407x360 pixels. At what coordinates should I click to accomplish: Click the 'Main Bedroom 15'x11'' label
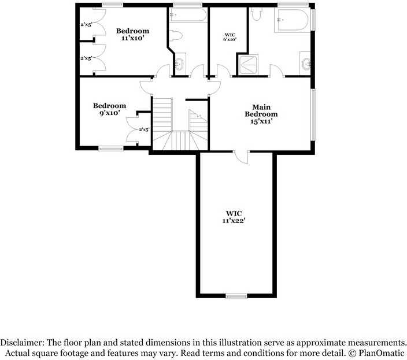point(261,114)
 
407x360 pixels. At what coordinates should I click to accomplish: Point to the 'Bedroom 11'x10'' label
point(132,34)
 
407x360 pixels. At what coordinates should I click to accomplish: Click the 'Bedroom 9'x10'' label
point(109,109)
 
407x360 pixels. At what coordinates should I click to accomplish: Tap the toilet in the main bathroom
point(258,15)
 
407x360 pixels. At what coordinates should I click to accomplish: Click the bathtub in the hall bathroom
point(188,15)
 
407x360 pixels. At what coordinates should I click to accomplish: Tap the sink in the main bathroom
point(305,62)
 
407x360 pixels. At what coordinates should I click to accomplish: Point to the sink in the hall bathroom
point(180,63)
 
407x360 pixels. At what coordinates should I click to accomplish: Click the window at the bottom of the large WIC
point(236,296)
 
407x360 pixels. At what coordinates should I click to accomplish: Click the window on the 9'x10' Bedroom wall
point(110,149)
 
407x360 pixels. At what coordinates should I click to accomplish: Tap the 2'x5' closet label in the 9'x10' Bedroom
point(144,129)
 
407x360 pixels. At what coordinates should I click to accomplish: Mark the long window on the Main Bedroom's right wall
point(313,114)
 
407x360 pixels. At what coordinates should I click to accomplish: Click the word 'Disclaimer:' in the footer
point(23,342)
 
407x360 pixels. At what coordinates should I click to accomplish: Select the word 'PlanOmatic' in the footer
point(386,352)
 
